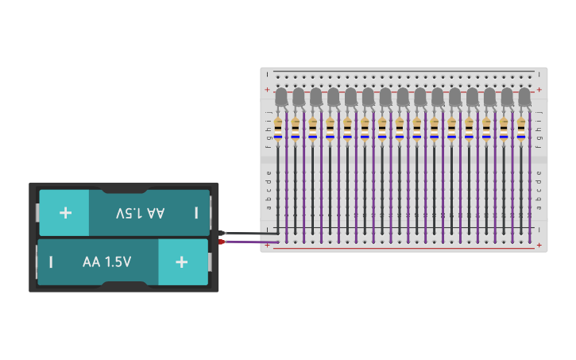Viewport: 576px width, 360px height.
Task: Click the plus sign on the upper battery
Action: tap(65, 213)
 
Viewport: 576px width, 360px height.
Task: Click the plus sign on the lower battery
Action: tap(182, 261)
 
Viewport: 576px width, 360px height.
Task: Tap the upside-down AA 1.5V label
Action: tap(140, 213)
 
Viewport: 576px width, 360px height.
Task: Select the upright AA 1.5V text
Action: tap(106, 261)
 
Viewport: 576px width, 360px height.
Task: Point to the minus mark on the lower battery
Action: tap(51, 261)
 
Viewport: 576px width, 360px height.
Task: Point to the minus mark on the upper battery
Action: tap(196, 213)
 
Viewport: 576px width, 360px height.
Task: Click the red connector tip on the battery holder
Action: tap(223, 241)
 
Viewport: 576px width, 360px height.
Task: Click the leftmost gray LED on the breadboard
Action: tap(280, 97)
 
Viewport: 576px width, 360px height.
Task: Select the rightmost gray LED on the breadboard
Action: tap(524, 97)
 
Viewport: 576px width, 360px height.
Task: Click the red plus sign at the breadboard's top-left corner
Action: tap(268, 90)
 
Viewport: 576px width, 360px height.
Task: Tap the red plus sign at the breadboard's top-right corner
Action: tap(539, 90)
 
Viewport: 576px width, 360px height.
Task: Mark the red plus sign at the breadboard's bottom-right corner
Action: tap(539, 246)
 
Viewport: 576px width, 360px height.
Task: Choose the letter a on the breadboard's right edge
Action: tap(539, 207)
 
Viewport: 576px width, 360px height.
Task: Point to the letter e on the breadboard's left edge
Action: tap(269, 172)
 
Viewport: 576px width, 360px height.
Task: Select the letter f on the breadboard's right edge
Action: tap(539, 147)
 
